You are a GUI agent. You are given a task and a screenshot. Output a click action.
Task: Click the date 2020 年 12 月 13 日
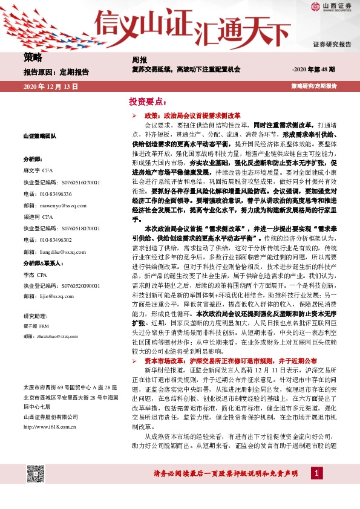pos(51,87)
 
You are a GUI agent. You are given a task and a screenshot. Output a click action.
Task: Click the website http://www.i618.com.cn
pos(52,410)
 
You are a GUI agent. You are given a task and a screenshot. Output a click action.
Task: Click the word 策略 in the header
pos(33,58)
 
